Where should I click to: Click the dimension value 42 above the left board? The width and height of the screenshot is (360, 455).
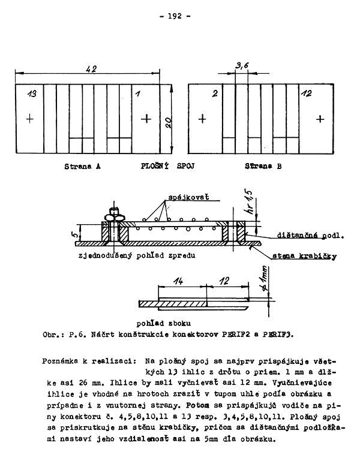[x=92, y=70]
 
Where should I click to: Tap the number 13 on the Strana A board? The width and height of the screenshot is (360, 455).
[x=32, y=94]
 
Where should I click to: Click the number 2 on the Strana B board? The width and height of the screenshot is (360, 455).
[x=214, y=94]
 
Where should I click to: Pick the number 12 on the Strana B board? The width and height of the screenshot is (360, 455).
[x=306, y=94]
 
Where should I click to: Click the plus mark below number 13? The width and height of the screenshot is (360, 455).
[x=30, y=119]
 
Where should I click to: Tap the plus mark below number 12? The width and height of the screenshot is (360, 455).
[x=320, y=119]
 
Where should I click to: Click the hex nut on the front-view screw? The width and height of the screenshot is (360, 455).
[x=113, y=215]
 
